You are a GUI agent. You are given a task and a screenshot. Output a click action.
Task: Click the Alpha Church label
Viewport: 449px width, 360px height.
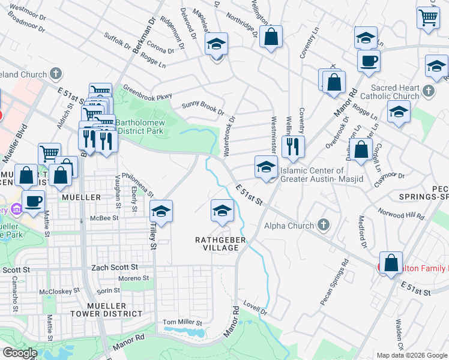289,226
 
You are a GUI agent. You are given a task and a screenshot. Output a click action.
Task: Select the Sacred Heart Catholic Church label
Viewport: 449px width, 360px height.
391,92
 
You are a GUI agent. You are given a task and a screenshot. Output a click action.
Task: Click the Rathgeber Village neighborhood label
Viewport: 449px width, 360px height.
220,244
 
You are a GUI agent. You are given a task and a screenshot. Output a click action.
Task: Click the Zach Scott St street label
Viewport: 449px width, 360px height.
114,266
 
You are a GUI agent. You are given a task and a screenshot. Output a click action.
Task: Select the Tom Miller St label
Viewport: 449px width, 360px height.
183,323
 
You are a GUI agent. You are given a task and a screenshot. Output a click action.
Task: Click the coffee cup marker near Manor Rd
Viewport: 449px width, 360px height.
369,60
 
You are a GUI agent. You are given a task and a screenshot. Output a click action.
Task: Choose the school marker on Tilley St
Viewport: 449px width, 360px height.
161,211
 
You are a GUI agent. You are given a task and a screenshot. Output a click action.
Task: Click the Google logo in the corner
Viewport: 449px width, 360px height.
20,353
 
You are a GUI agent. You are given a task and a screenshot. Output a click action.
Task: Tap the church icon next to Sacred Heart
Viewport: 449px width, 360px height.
428,91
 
